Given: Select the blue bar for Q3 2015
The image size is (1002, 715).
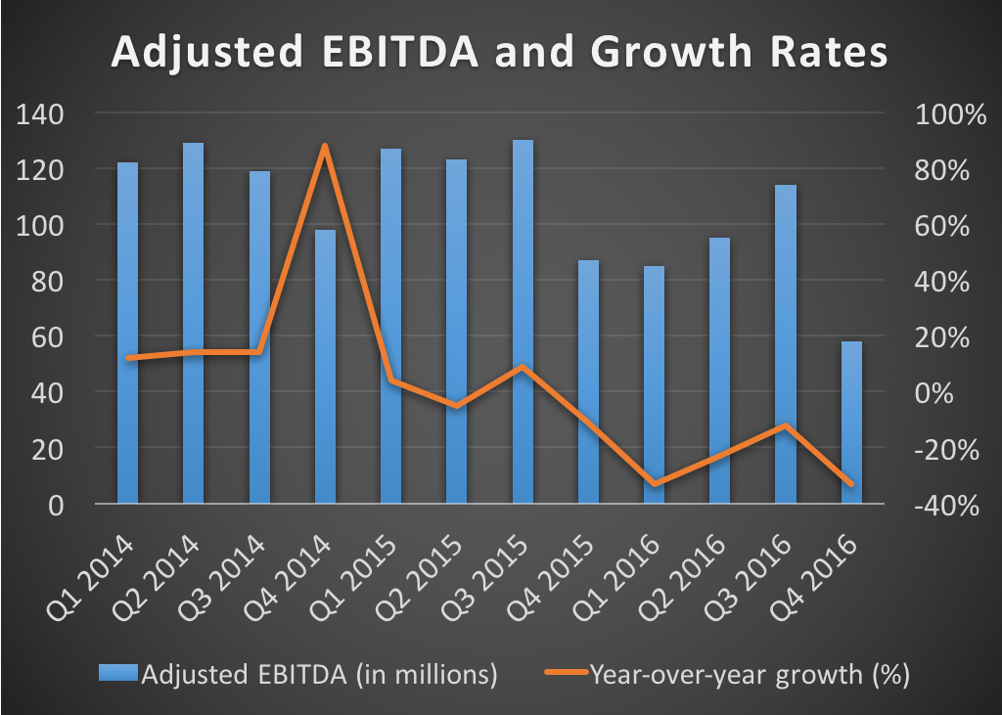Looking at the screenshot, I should pos(523,322).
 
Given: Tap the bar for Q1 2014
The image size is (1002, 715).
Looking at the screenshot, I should pos(128,333).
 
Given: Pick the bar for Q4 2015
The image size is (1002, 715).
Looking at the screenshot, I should pos(588,381).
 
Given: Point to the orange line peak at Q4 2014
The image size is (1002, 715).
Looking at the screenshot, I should pos(325,146).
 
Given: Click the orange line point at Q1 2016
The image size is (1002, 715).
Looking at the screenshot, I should pos(654,483).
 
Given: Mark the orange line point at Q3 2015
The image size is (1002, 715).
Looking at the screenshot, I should pos(523,368).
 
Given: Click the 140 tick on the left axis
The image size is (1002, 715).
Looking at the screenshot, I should pos(41,114).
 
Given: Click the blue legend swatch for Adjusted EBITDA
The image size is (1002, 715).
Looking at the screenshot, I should pos(119,674).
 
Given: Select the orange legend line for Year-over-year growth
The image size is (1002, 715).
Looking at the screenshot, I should pos(563,674).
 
